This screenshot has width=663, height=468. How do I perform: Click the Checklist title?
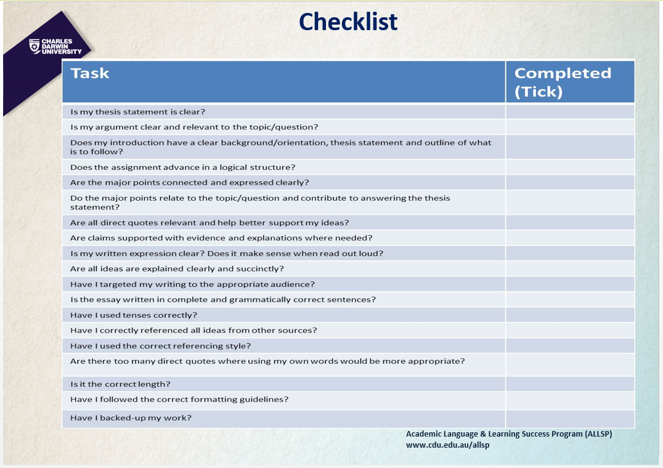pyautogui.click(x=348, y=22)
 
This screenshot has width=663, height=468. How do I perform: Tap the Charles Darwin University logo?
pyautogui.click(x=55, y=46)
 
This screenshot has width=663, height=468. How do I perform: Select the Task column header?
pyautogui.click(x=89, y=73)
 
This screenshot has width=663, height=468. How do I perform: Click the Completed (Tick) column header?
pyautogui.click(x=563, y=83)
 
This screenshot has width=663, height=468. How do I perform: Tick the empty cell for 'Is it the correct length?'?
pyautogui.click(x=570, y=384)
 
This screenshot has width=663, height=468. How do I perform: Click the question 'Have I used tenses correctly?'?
pyautogui.click(x=134, y=315)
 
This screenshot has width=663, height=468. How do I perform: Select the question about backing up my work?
pyautogui.click(x=131, y=418)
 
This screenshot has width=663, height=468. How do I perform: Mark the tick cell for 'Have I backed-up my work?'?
pyautogui.click(x=570, y=419)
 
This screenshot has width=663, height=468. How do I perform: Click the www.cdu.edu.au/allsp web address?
pyautogui.click(x=447, y=445)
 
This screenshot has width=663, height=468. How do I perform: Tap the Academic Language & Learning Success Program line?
pyautogui.click(x=509, y=434)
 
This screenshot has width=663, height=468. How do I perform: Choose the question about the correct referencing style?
pyautogui.click(x=160, y=346)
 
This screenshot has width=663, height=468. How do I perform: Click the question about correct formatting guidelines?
pyautogui.click(x=179, y=399)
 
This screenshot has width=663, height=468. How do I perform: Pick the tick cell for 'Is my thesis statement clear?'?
pyautogui.click(x=570, y=111)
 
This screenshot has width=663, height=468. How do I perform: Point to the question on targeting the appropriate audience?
pyautogui.click(x=192, y=284)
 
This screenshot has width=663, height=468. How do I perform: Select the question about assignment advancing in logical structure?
pyautogui.click(x=182, y=167)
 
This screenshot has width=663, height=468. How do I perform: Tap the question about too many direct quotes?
pyautogui.click(x=267, y=361)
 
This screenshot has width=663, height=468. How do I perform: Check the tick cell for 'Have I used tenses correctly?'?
pyautogui.click(x=570, y=315)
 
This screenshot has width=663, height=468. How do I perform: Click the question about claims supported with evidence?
pyautogui.click(x=221, y=238)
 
